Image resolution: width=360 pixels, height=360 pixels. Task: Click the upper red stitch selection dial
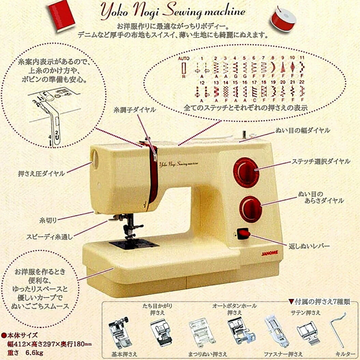click(246, 172)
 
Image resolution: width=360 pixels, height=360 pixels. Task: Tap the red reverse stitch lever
click(244, 234)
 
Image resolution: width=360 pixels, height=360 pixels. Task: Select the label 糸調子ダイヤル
click(135, 110)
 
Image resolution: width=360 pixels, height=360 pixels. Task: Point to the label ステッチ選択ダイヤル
click(320, 161)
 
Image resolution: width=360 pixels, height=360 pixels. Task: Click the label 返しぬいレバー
click(309, 246)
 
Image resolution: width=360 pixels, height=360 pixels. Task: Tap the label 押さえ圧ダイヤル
click(41, 174)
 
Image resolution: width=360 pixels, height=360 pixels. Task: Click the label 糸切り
click(48, 219)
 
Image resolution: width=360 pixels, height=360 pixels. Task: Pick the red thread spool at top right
click(283, 18)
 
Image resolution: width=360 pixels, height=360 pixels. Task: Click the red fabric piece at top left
click(61, 15)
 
